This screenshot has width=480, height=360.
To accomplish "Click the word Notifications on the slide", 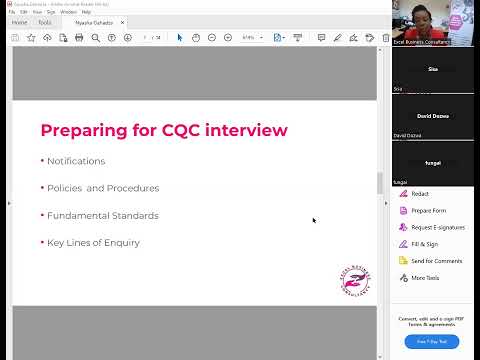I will pos(76,161).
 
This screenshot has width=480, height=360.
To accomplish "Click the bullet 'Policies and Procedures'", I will pos(103,188).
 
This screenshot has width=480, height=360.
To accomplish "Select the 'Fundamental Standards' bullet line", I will pos(103,215).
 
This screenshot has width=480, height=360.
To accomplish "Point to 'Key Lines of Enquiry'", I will pos(93,243).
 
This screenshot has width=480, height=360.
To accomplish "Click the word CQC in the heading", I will pos(190,130).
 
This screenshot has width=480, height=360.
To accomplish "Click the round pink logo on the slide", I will pos(355,280).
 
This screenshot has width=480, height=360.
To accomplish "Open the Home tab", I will pos(19,22).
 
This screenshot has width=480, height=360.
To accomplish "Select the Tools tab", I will pos(45,22).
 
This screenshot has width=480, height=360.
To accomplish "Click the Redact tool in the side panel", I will pos(420,194).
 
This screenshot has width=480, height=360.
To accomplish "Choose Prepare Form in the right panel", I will pos(428,210).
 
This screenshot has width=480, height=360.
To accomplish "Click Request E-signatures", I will pos(436,227).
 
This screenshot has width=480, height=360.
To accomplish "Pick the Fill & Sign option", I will pos(424,244).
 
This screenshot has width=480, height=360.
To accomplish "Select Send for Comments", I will pos(436,261).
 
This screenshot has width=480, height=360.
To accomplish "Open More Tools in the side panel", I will pos(425,278).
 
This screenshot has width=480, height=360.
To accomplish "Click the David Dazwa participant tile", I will pos(433,116).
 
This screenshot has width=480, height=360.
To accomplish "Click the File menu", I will pos(12,12).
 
